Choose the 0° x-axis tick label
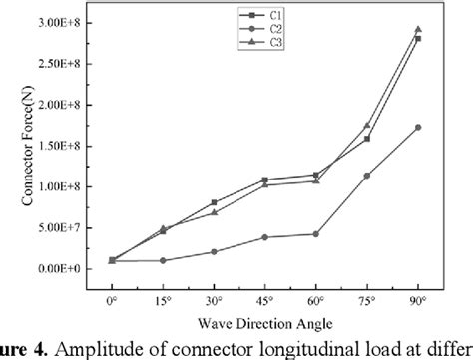(111, 298)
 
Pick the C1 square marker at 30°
(215, 202)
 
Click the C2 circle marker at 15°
(163, 261)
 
